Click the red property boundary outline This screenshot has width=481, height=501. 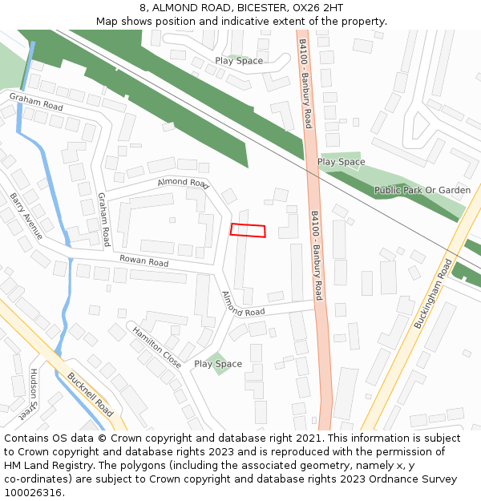click(x=248, y=230)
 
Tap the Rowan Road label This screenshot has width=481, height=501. click(x=144, y=262)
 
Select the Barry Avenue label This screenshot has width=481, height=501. click(x=26, y=216)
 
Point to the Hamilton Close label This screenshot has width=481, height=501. click(x=157, y=345)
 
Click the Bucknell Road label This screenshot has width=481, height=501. click(x=91, y=392)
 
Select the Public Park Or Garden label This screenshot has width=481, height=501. click(x=422, y=190)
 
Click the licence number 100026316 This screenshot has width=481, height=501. click(x=34, y=493)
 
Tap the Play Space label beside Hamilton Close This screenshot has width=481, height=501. click(x=218, y=364)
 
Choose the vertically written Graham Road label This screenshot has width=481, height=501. click(x=103, y=219)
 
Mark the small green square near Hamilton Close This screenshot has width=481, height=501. click(x=213, y=363)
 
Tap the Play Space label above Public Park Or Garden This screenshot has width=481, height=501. click(x=341, y=162)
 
